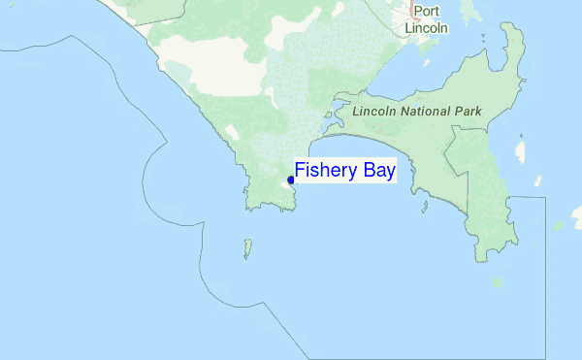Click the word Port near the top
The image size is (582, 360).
tap(426, 13)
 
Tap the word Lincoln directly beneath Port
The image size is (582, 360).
tap(426, 28)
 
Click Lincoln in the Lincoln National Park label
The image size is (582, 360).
tap(374, 112)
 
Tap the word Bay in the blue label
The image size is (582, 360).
tap(376, 172)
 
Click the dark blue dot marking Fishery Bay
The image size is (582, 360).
tap(291, 180)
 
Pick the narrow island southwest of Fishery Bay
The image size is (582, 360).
tap(247, 248)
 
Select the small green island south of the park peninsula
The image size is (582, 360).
tap(497, 282)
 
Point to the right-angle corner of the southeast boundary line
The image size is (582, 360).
tap(546, 198)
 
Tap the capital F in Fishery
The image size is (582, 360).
tap(301, 172)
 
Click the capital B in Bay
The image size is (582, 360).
tap(365, 172)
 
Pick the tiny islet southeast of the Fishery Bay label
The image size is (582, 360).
tap(424, 207)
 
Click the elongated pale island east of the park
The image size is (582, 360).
tap(521, 150)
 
